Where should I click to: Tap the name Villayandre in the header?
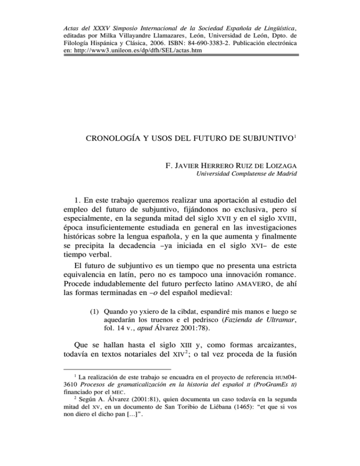(x=127, y=33)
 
